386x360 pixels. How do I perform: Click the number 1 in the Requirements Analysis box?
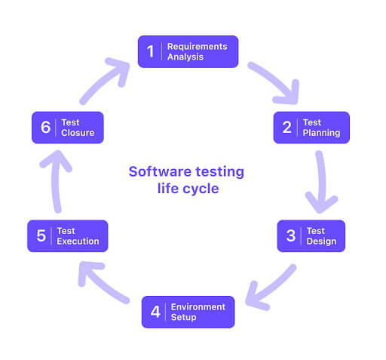pyautogui.click(x=151, y=51)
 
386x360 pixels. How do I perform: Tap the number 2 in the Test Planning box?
pyautogui.click(x=287, y=127)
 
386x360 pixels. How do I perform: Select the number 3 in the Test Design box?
pyautogui.click(x=291, y=235)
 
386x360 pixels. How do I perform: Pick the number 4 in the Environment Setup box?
pyautogui.click(x=155, y=312)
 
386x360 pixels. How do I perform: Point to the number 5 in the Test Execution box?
pyautogui.click(x=41, y=235)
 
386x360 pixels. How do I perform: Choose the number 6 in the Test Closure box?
pyautogui.click(x=45, y=127)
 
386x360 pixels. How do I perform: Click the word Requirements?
pyautogui.click(x=198, y=47)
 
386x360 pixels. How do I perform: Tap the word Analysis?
pyautogui.click(x=185, y=57)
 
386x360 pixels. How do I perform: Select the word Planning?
pyautogui.click(x=321, y=133)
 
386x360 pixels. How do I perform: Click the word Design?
pyautogui.click(x=321, y=242)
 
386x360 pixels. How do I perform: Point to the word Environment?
pyautogui.click(x=198, y=307)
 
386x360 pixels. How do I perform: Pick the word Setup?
pyautogui.click(x=183, y=318)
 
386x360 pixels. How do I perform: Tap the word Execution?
pyautogui.click(x=78, y=242)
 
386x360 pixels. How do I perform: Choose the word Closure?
pyautogui.click(x=78, y=133)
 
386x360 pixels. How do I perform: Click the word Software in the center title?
pyautogui.click(x=160, y=172)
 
